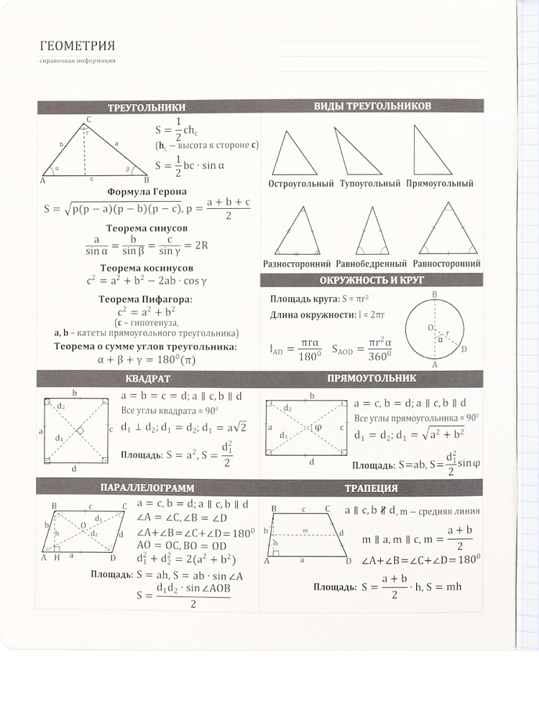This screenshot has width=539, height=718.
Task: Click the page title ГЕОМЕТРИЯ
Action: (78, 47)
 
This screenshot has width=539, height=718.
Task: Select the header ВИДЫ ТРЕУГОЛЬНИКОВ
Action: (372, 106)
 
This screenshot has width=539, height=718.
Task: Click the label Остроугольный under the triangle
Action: (301, 184)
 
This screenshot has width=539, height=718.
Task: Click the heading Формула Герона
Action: (147, 192)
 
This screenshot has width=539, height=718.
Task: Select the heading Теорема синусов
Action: (147, 227)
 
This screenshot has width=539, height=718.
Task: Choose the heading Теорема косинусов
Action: (147, 266)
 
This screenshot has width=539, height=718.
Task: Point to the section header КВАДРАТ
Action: (147, 378)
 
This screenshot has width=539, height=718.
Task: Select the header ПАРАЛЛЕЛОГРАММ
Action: (147, 489)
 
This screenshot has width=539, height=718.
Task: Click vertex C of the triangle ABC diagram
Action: (88, 120)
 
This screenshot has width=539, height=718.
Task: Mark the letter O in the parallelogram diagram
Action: (83, 525)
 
